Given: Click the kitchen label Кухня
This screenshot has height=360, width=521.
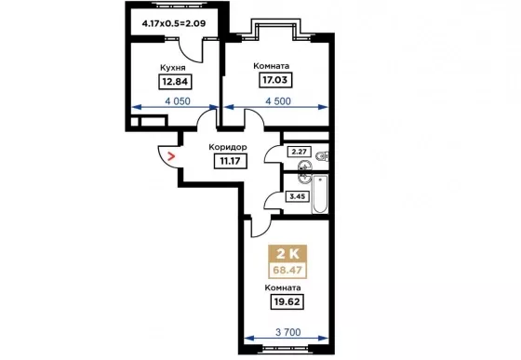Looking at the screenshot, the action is point(173,68).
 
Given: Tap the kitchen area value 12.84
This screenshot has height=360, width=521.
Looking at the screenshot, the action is point(175,81).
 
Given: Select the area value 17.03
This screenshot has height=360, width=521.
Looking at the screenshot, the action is point(275,80).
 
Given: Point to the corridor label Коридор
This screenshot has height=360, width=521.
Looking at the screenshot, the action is point(228,147).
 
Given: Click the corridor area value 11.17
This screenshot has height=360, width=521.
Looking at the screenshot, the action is point(231,162).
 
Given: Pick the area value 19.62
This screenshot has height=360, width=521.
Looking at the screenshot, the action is point(287,302).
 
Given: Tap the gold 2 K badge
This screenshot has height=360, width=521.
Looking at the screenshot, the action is point(287,254).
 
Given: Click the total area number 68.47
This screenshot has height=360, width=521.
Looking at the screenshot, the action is point(287,270).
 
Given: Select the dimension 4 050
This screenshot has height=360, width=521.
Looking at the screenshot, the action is point(178,101).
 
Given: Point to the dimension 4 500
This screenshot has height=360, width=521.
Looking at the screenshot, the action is point(278,101).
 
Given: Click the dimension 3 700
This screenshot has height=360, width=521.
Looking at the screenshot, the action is point(288,332).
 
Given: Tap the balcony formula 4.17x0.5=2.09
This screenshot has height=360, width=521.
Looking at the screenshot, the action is point(174,23).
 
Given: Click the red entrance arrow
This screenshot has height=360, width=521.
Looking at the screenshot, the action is point(171,156).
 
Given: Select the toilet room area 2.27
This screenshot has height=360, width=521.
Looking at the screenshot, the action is point(299,152).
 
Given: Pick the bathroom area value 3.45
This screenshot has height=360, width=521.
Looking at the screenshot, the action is point(298,196).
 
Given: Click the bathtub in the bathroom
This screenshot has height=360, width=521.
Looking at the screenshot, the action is point(320,193).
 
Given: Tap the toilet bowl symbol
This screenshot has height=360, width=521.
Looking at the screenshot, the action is point(322,155).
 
